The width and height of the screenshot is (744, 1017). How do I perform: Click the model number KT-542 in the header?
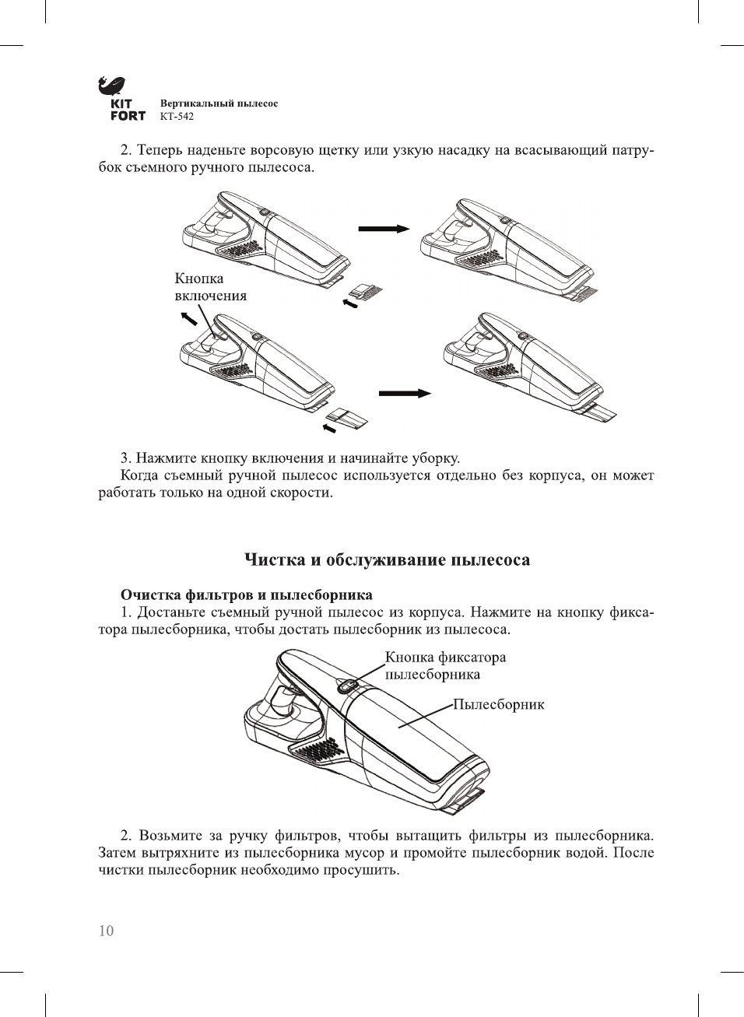click(177, 117)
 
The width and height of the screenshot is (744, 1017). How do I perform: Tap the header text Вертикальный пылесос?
click(219, 103)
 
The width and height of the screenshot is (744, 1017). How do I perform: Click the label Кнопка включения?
click(209, 287)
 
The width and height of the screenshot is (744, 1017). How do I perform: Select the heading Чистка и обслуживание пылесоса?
click(387, 559)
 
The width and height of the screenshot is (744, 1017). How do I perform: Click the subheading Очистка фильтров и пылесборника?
click(246, 595)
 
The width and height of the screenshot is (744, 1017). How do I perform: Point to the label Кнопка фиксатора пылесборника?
click(445, 665)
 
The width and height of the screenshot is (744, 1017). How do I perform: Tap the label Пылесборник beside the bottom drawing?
click(499, 705)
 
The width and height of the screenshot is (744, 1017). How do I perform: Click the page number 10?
click(106, 931)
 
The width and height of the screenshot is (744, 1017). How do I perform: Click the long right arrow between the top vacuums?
click(384, 228)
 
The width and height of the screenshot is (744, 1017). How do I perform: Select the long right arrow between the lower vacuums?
click(405, 394)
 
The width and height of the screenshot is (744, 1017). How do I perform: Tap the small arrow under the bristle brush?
click(350, 303)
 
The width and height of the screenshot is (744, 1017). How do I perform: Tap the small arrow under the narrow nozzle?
click(329, 428)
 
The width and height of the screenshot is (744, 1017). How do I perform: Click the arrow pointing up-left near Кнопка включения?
click(188, 318)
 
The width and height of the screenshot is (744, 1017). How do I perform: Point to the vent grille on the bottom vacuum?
click(318, 752)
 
